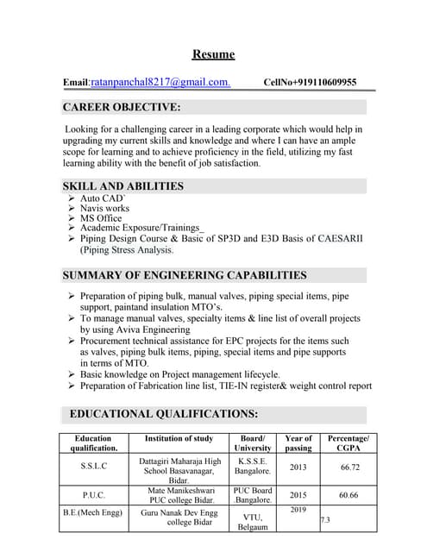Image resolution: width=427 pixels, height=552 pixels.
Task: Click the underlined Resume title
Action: (x=213, y=54)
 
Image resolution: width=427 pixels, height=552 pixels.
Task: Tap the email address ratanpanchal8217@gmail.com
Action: (x=172, y=82)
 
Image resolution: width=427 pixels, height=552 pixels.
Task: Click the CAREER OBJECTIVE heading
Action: (x=122, y=107)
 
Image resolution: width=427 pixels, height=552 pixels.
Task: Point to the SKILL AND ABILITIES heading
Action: (x=122, y=185)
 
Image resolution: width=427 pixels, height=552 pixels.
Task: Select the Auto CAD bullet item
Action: (x=103, y=198)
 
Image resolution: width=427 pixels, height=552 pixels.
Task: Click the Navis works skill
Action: (x=104, y=209)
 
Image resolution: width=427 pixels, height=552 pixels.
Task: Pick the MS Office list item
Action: (x=101, y=219)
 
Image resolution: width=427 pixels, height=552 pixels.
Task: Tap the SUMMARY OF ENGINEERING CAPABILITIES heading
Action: (x=185, y=275)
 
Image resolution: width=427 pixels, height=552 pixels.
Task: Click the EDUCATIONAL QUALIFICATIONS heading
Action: (x=163, y=413)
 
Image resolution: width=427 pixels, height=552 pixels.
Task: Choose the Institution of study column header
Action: (x=179, y=439)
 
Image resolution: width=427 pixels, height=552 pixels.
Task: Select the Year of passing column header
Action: (x=298, y=443)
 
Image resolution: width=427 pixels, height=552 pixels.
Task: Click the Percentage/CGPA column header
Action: (x=349, y=443)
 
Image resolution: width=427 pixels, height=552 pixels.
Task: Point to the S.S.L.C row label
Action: (x=93, y=467)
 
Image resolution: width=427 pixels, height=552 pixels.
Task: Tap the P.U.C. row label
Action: (x=93, y=496)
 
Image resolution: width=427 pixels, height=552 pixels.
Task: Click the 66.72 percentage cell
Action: (x=349, y=467)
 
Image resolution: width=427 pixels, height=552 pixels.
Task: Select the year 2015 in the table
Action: (x=298, y=496)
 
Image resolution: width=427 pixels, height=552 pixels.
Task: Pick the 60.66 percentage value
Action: (x=349, y=496)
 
